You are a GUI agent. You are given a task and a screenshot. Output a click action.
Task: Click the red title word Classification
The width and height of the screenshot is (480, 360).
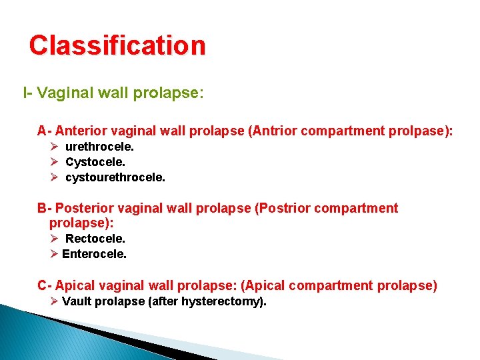click(x=117, y=45)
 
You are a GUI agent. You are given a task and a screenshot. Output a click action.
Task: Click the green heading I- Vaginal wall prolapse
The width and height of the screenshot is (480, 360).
click(x=113, y=93)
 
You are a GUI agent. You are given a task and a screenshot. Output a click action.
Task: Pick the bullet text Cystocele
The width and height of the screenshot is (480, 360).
click(x=95, y=162)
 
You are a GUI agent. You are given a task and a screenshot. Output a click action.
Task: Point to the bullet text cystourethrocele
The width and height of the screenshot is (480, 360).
click(x=115, y=177)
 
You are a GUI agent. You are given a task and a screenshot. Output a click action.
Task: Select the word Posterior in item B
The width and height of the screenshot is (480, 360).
click(x=82, y=208)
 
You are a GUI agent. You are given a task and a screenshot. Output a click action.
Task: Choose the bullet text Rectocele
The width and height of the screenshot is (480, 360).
click(x=95, y=238)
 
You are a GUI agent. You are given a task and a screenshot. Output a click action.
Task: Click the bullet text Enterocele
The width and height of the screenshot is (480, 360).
click(x=94, y=253)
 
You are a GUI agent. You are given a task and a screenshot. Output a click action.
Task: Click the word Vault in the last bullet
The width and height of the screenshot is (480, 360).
click(x=77, y=301)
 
